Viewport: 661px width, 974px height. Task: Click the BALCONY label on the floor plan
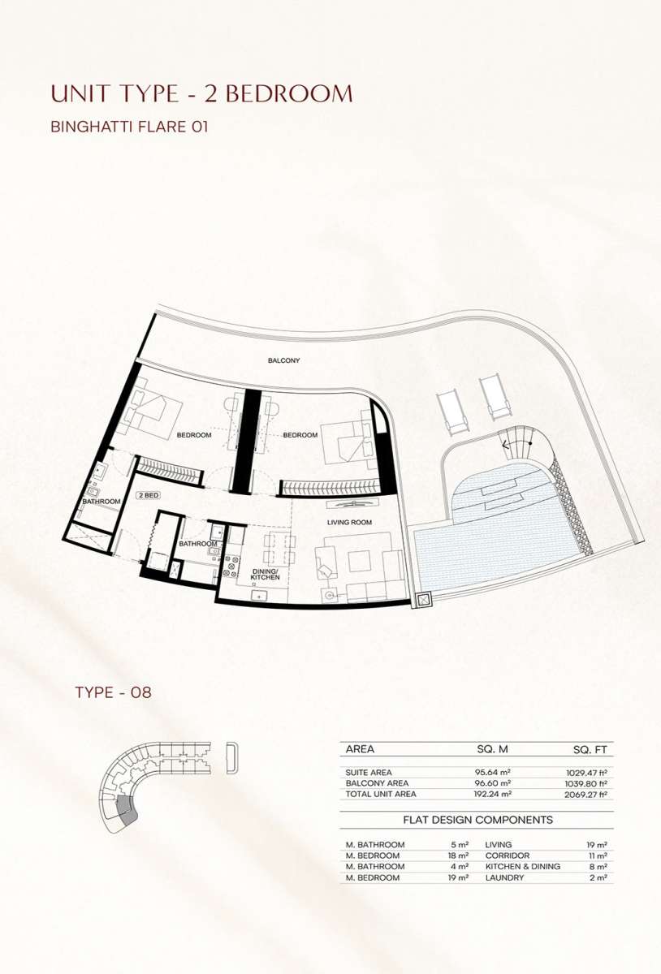click(x=283, y=360)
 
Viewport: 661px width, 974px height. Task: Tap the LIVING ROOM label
click(x=349, y=522)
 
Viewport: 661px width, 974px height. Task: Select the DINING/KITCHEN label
click(x=265, y=574)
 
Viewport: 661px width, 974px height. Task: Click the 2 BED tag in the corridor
click(x=149, y=495)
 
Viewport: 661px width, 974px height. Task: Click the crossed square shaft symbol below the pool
click(x=423, y=601)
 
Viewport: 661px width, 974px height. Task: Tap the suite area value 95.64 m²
click(x=492, y=772)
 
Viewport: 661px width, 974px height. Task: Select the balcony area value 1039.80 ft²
click(x=586, y=783)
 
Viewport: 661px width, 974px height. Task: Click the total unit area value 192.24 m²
click(x=493, y=794)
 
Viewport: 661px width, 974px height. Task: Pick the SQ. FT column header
click(x=590, y=750)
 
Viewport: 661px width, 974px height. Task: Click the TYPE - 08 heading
click(x=113, y=692)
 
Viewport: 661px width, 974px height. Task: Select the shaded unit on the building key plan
click(x=127, y=812)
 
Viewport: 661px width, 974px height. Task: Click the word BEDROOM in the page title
click(x=289, y=93)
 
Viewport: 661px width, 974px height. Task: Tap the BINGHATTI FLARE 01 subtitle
click(x=129, y=127)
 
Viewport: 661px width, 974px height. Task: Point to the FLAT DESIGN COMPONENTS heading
click(x=477, y=820)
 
